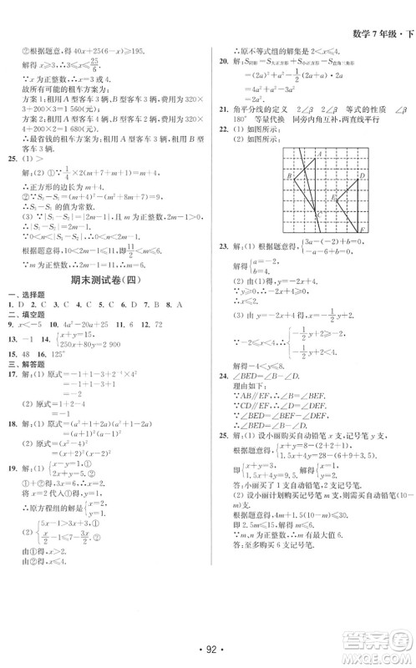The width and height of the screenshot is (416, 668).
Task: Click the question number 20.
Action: click(223, 61)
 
